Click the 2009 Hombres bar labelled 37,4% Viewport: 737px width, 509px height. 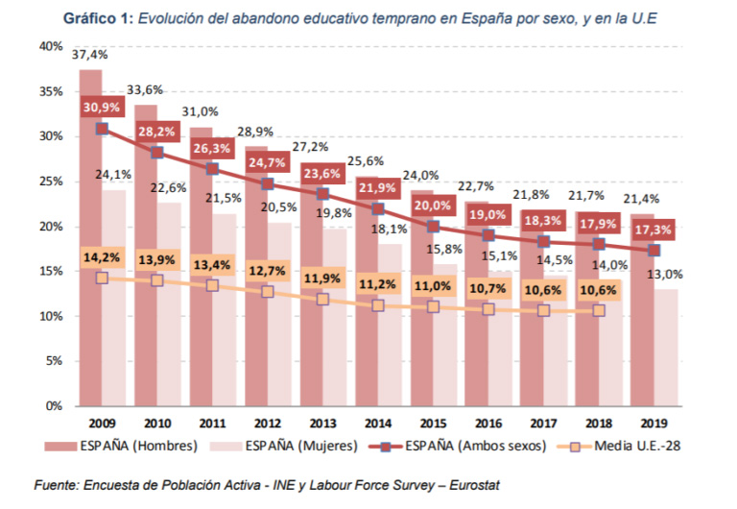[90, 240]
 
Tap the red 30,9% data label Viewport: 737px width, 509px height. [101, 107]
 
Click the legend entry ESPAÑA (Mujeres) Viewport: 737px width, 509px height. [302, 445]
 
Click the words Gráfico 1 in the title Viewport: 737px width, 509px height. [97, 17]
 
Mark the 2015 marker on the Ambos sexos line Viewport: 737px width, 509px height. [434, 227]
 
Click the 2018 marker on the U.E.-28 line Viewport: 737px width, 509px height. [599, 310]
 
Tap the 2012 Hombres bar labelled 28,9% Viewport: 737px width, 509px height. [255, 279]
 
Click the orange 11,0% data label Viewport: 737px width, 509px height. [433, 286]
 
